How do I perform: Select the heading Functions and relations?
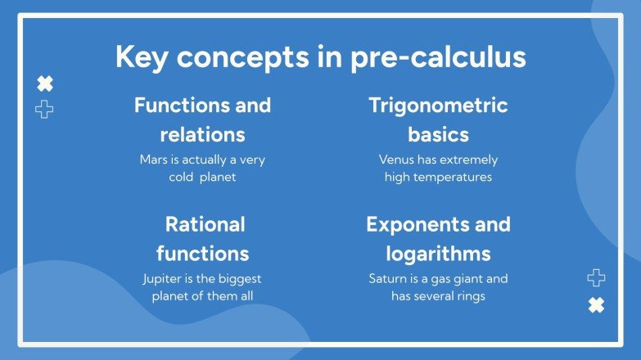pyautogui.click(x=202, y=119)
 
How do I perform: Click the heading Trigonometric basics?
pyautogui.click(x=438, y=119)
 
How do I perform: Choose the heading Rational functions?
pyautogui.click(x=205, y=238)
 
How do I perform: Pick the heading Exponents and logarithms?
pyautogui.click(x=438, y=238)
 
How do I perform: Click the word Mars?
pyautogui.click(x=154, y=160)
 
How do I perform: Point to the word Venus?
pyautogui.click(x=396, y=160)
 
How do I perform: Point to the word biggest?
pyautogui.click(x=240, y=278)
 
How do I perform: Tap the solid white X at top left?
pyautogui.click(x=45, y=83)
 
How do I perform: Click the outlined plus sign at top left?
pyautogui.click(x=45, y=109)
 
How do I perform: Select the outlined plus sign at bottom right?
pyautogui.click(x=596, y=278)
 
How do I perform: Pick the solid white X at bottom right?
pyautogui.click(x=596, y=305)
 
